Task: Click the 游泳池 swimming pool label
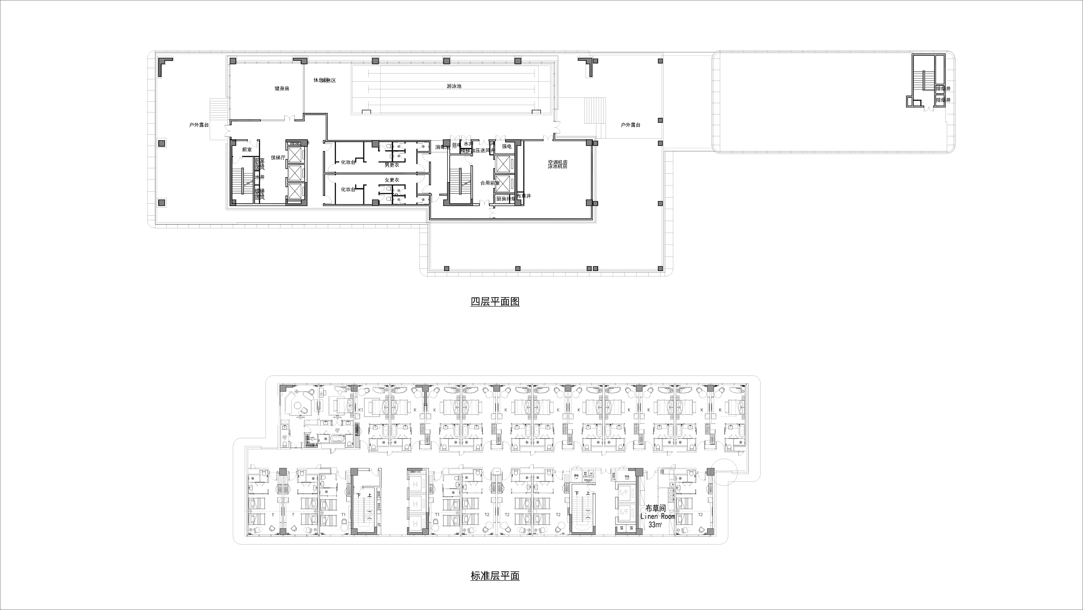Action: click(x=454, y=86)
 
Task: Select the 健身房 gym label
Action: click(x=282, y=89)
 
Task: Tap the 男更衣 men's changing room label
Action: click(x=391, y=165)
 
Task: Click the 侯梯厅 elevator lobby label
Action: click(x=278, y=158)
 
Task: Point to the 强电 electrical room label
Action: click(x=507, y=146)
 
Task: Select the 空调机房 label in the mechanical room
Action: click(x=557, y=162)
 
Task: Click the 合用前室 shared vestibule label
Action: click(x=490, y=183)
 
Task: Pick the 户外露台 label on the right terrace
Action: click(x=631, y=125)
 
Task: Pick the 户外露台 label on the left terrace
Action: click(x=199, y=125)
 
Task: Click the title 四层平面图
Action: click(x=495, y=302)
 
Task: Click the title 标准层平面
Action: click(x=495, y=576)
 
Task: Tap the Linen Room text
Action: click(x=657, y=516)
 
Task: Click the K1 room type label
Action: click(x=360, y=410)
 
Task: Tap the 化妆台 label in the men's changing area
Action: click(x=348, y=163)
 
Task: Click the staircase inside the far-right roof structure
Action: click(x=923, y=80)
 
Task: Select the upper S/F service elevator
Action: click(x=624, y=492)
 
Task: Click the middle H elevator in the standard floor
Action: click(x=416, y=504)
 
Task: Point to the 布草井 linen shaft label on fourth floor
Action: click(x=524, y=196)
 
